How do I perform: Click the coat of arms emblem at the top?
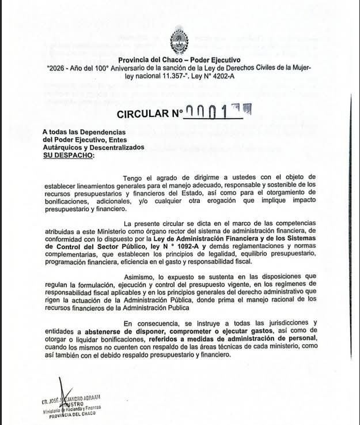[x=179, y=42]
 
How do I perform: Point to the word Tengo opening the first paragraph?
[x=135, y=176]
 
